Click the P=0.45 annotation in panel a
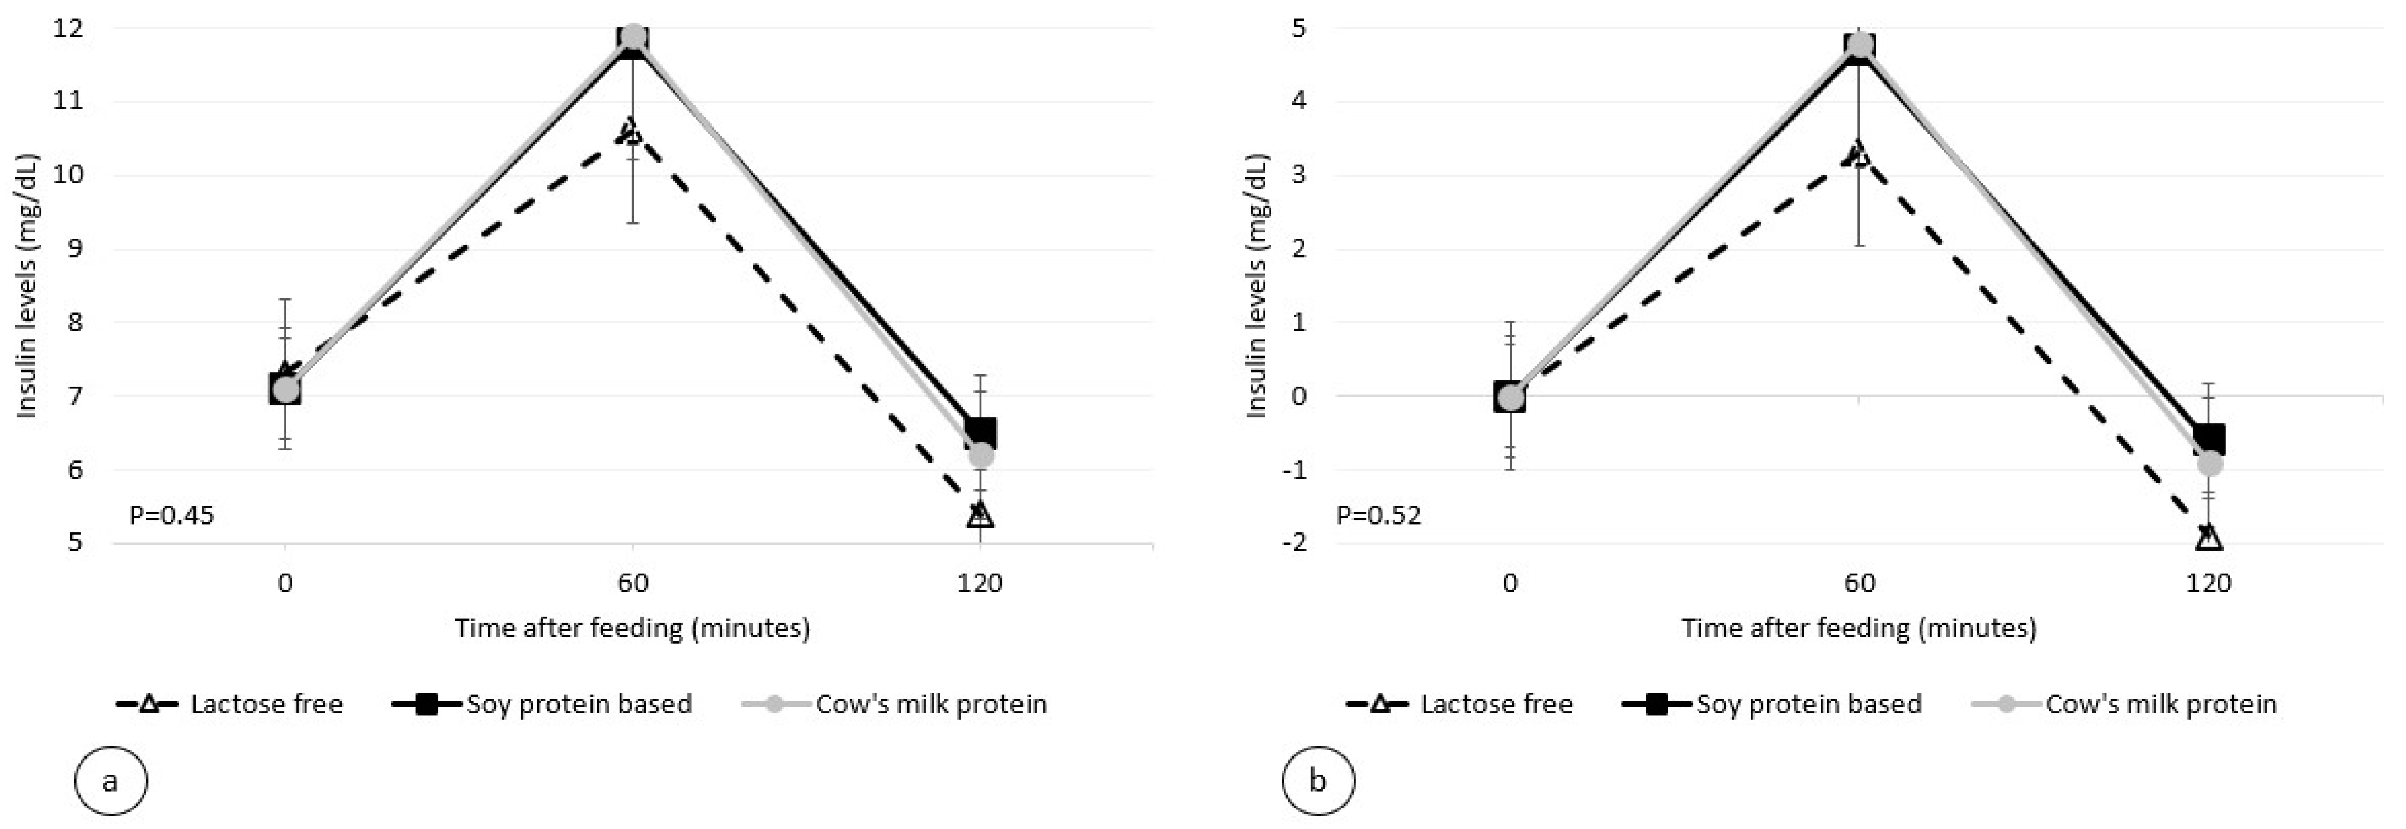coord(171,514)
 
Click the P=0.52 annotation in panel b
coord(1379,514)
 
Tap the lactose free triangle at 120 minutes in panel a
coord(980,513)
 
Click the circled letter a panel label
coord(110,779)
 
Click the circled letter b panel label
coord(1318,779)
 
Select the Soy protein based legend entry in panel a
coord(542,704)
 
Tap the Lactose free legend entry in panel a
coord(231,704)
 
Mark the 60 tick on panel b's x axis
coord(1859,583)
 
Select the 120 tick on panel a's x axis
coord(980,583)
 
